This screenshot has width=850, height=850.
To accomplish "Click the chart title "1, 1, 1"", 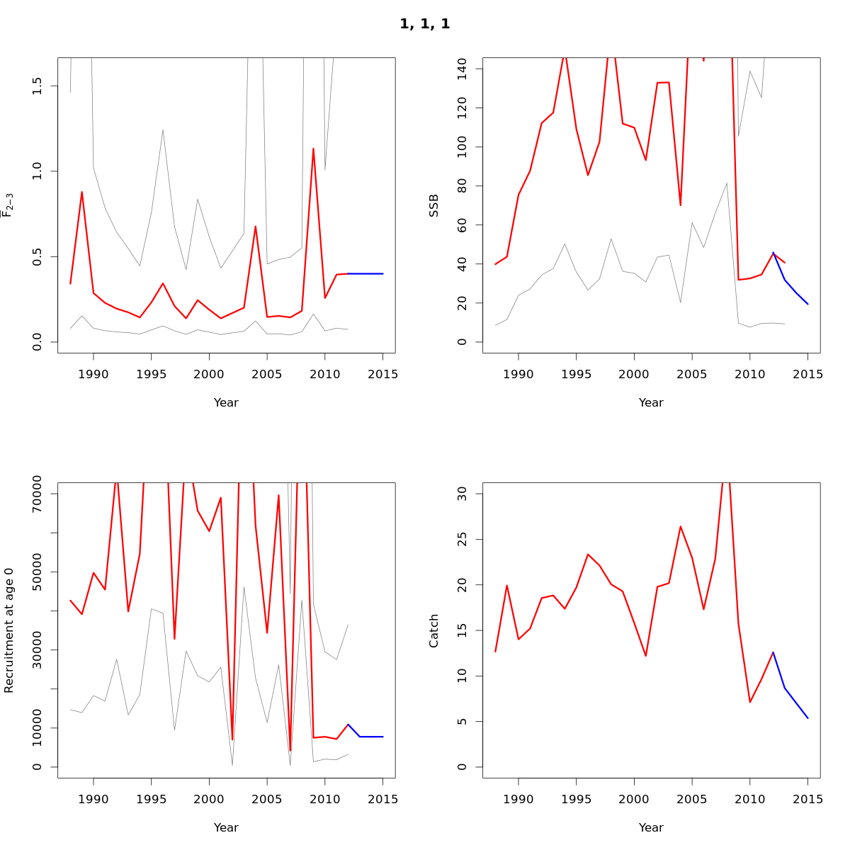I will coord(424,24).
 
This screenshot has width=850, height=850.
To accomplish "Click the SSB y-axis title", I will coord(434,205).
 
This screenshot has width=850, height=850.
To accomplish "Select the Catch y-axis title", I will coord(434,630).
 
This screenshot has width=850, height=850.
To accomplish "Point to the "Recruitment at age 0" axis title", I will coord(9,630).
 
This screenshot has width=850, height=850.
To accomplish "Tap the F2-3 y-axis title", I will coord(8,205).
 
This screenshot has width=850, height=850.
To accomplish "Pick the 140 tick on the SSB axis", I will coord(463,69).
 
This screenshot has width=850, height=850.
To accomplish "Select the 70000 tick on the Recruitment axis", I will coord(38,494).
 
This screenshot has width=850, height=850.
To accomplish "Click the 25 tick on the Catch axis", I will coord(463,539).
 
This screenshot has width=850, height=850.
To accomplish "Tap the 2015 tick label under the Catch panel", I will coord(808,799).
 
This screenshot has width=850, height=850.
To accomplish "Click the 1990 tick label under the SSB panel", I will coord(518,374).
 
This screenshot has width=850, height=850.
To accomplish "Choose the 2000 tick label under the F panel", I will coord(209,374).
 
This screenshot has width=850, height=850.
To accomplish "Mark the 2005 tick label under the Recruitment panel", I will coord(267,799).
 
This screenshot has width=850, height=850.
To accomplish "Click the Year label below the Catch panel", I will coord(651,827).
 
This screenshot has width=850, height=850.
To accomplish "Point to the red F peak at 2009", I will coord(313,149).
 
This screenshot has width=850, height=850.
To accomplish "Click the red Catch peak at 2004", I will coord(681,526).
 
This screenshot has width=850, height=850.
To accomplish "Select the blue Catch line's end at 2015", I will coord(808,718).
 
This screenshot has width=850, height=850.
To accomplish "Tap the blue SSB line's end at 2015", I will coord(808,304).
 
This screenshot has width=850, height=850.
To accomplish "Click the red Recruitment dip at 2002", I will coord(232,740).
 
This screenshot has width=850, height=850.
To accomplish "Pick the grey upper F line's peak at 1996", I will coord(163,130).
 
